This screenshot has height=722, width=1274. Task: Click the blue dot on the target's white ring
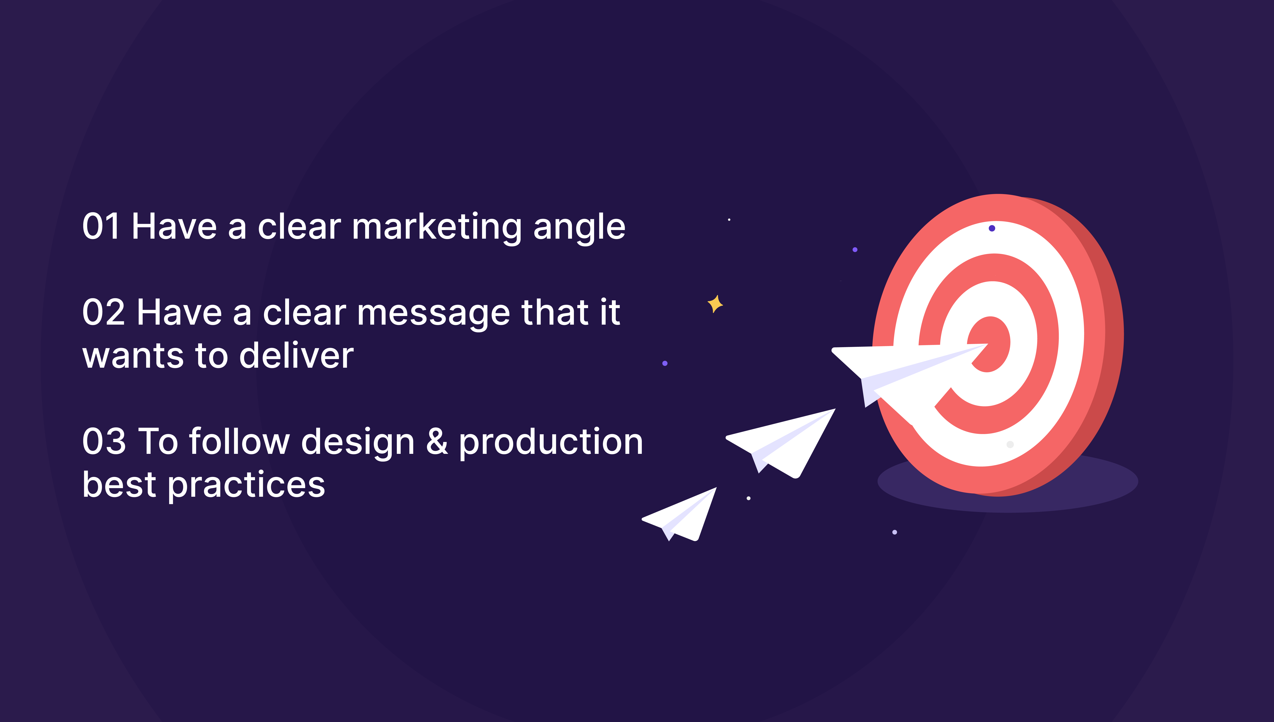coord(992,228)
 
